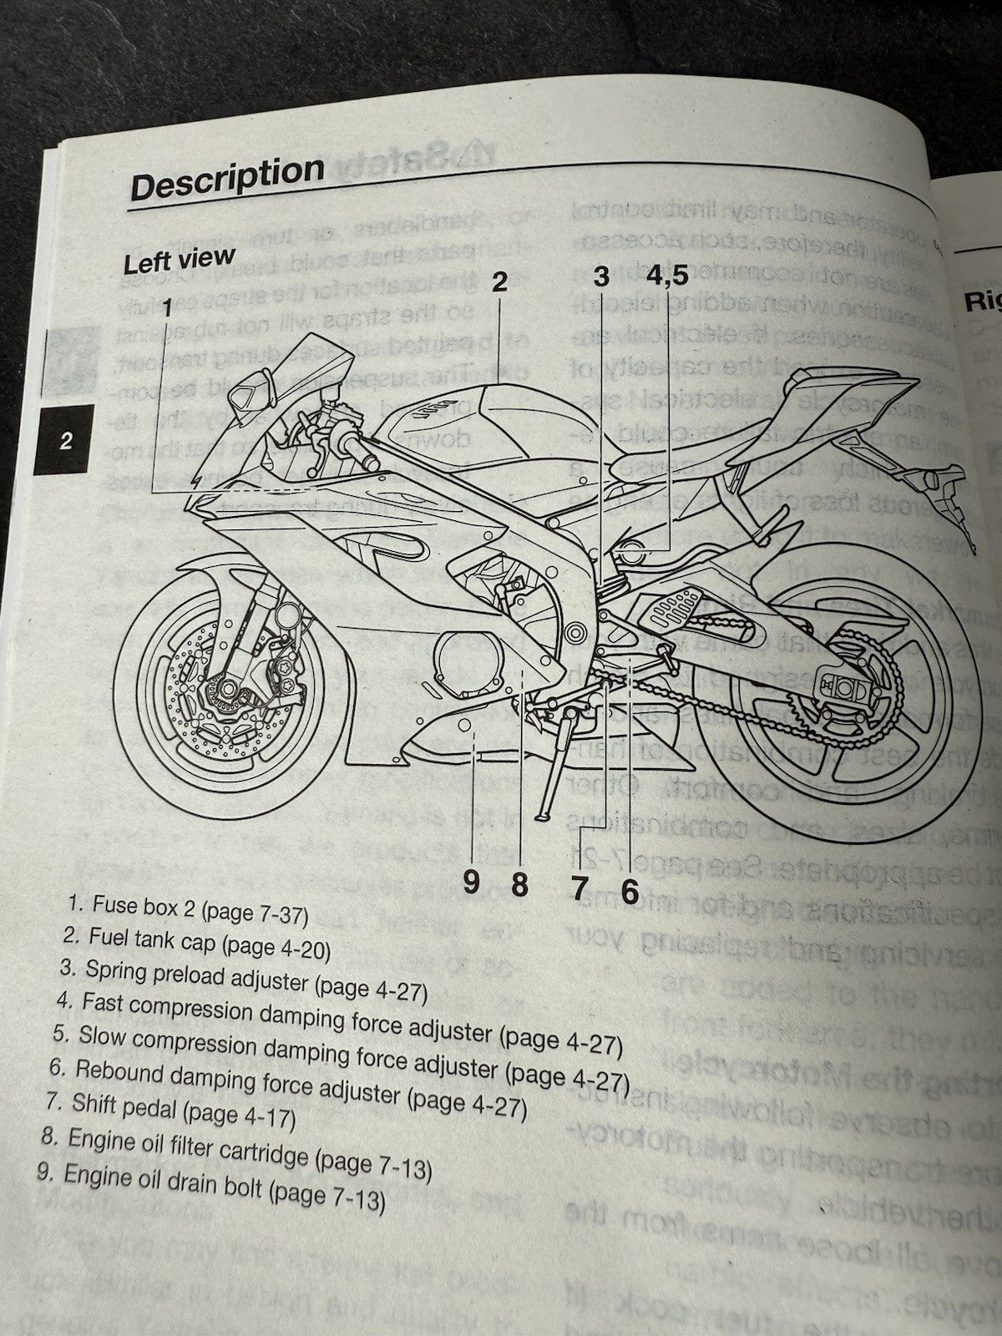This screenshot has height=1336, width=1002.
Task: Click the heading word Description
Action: click(227, 178)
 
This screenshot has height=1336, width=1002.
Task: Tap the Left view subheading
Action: click(179, 261)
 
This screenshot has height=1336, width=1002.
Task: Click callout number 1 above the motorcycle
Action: click(167, 308)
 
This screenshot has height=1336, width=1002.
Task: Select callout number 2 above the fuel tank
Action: click(498, 282)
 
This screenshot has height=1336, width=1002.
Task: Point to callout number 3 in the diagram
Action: click(601, 276)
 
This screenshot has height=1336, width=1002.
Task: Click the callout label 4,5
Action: click(665, 276)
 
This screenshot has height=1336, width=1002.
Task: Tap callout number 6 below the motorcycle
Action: click(629, 892)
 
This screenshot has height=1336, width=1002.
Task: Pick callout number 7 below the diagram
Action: click(580, 888)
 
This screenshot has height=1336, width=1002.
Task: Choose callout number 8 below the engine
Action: click(520, 884)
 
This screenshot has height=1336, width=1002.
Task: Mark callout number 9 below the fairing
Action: click(472, 882)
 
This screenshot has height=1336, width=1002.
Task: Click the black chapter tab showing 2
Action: click(66, 442)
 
